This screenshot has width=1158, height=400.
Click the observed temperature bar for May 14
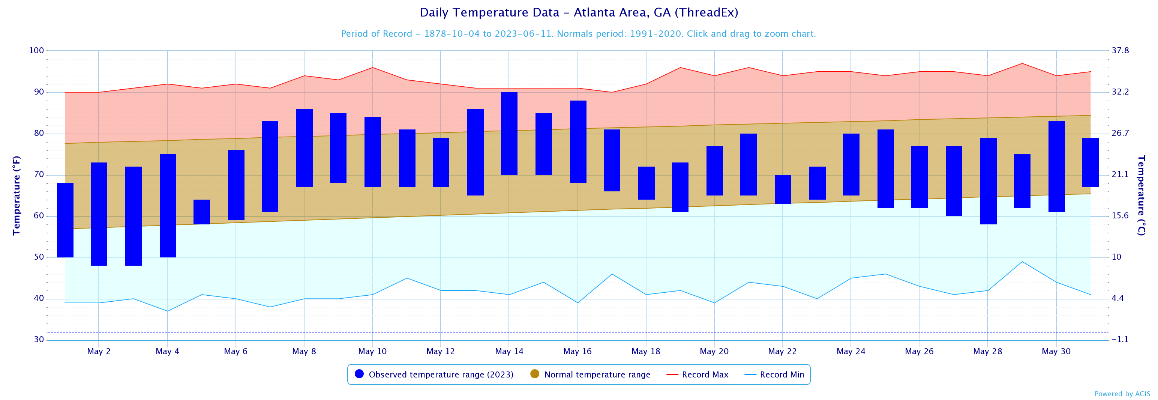click(x=509, y=134)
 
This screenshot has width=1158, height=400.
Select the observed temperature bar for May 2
click(x=99, y=214)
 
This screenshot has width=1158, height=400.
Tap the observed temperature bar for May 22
click(x=783, y=189)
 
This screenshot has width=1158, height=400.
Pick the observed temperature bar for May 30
click(x=1056, y=167)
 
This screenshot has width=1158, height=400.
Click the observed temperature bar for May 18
click(x=646, y=183)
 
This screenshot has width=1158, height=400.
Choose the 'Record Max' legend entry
click(x=704, y=375)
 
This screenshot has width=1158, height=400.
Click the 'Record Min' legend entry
click(x=781, y=375)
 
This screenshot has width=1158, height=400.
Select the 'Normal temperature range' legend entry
click(x=597, y=375)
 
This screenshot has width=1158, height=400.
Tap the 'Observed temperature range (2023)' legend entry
click(x=441, y=375)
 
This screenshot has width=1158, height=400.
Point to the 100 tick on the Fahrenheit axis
click(x=36, y=50)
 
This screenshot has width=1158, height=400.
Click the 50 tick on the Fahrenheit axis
click(x=39, y=257)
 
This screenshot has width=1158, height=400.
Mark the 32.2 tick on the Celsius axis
click(x=1120, y=92)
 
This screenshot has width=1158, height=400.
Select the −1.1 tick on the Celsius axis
click(x=1120, y=340)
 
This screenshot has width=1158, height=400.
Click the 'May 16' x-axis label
click(x=577, y=351)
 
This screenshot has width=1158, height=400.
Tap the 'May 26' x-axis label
click(x=919, y=351)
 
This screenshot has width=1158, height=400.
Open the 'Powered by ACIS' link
click(x=1122, y=394)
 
